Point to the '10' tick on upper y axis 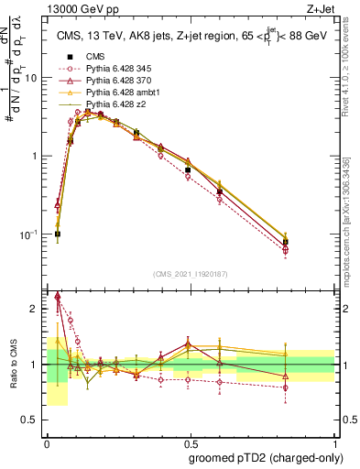tap(30, 78)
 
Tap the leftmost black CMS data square tap(58, 234)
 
